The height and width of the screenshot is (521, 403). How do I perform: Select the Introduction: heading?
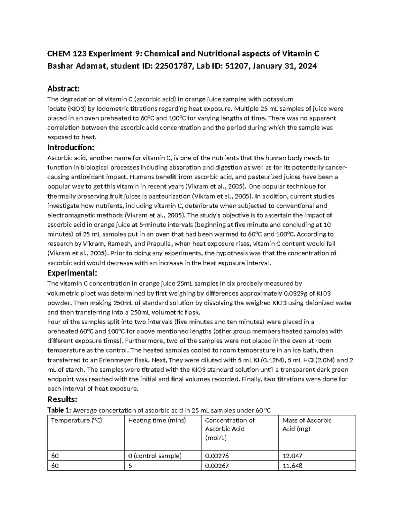point(71,147)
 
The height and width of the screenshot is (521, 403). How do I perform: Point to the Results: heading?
point(62,399)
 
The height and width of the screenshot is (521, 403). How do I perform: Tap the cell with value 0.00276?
point(217,456)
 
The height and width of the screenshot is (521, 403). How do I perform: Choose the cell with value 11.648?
point(292,466)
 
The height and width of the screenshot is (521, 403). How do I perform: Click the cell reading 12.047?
point(292,456)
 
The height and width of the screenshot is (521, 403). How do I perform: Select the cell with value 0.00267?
point(217,466)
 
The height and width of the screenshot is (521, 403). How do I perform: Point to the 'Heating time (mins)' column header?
point(157,420)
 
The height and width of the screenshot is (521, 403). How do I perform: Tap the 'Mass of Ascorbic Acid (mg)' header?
point(307,424)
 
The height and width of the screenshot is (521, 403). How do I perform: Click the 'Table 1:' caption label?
point(59,410)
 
